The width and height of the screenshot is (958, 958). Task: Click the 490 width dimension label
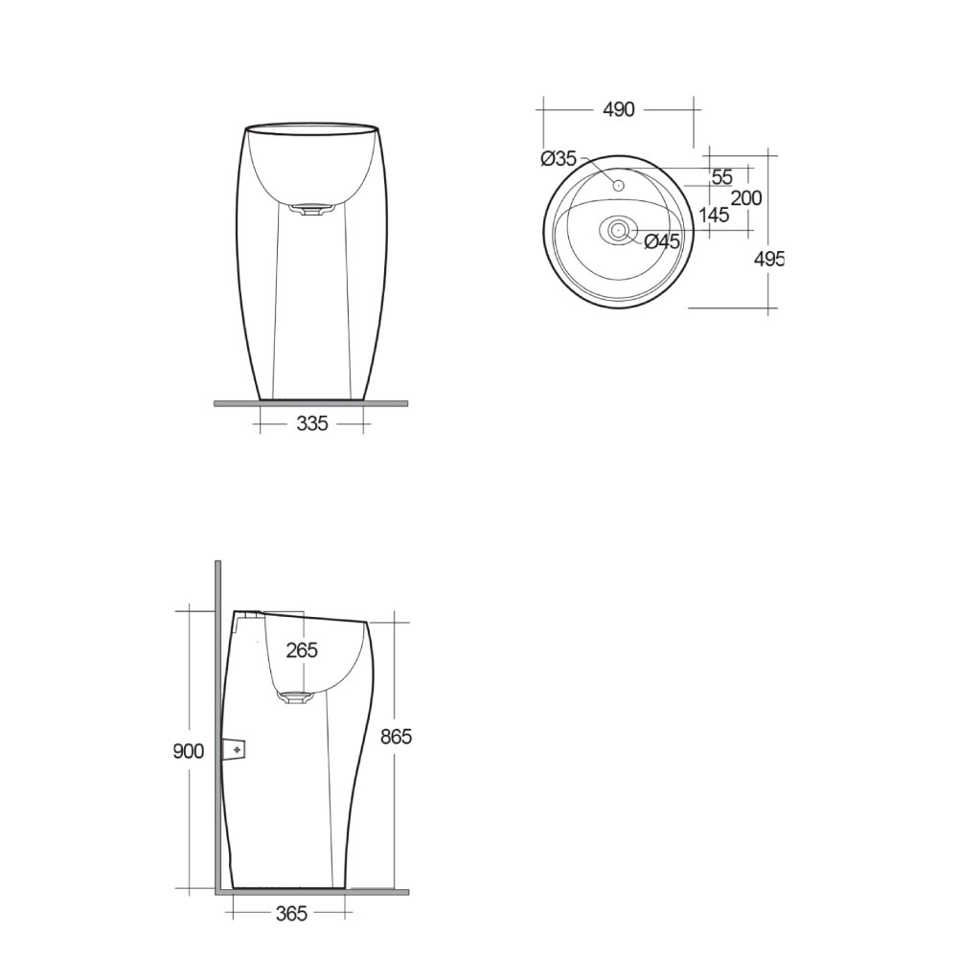click(619, 110)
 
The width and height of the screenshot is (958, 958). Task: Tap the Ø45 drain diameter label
click(662, 241)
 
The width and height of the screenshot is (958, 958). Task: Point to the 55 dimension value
click(722, 177)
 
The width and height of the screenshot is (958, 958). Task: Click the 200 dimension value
click(746, 198)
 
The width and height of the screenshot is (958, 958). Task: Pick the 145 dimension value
click(714, 216)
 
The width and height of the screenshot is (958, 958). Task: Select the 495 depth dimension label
click(769, 259)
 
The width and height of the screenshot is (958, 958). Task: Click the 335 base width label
click(312, 423)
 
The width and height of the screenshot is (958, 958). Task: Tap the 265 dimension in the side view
click(302, 650)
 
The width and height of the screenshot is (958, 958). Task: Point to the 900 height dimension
click(189, 751)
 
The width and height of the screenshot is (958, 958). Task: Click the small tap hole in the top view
click(619, 183)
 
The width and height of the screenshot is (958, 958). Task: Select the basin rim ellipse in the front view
click(311, 125)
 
